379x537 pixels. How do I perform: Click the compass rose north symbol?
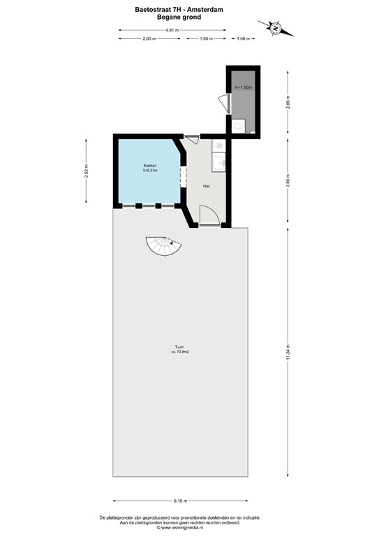[276, 28]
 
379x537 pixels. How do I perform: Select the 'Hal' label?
[207, 187]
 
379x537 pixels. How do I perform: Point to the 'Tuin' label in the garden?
[180, 348]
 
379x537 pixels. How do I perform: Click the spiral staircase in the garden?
[163, 247]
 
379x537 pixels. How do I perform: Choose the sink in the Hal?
[220, 163]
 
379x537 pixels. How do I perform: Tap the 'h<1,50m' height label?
[243, 87]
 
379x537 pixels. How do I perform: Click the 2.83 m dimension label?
[148, 38]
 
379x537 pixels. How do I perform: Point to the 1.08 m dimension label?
[243, 38]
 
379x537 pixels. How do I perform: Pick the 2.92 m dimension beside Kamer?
[87, 172]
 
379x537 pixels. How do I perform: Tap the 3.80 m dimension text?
[288, 182]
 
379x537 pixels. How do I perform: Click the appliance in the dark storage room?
[239, 125]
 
